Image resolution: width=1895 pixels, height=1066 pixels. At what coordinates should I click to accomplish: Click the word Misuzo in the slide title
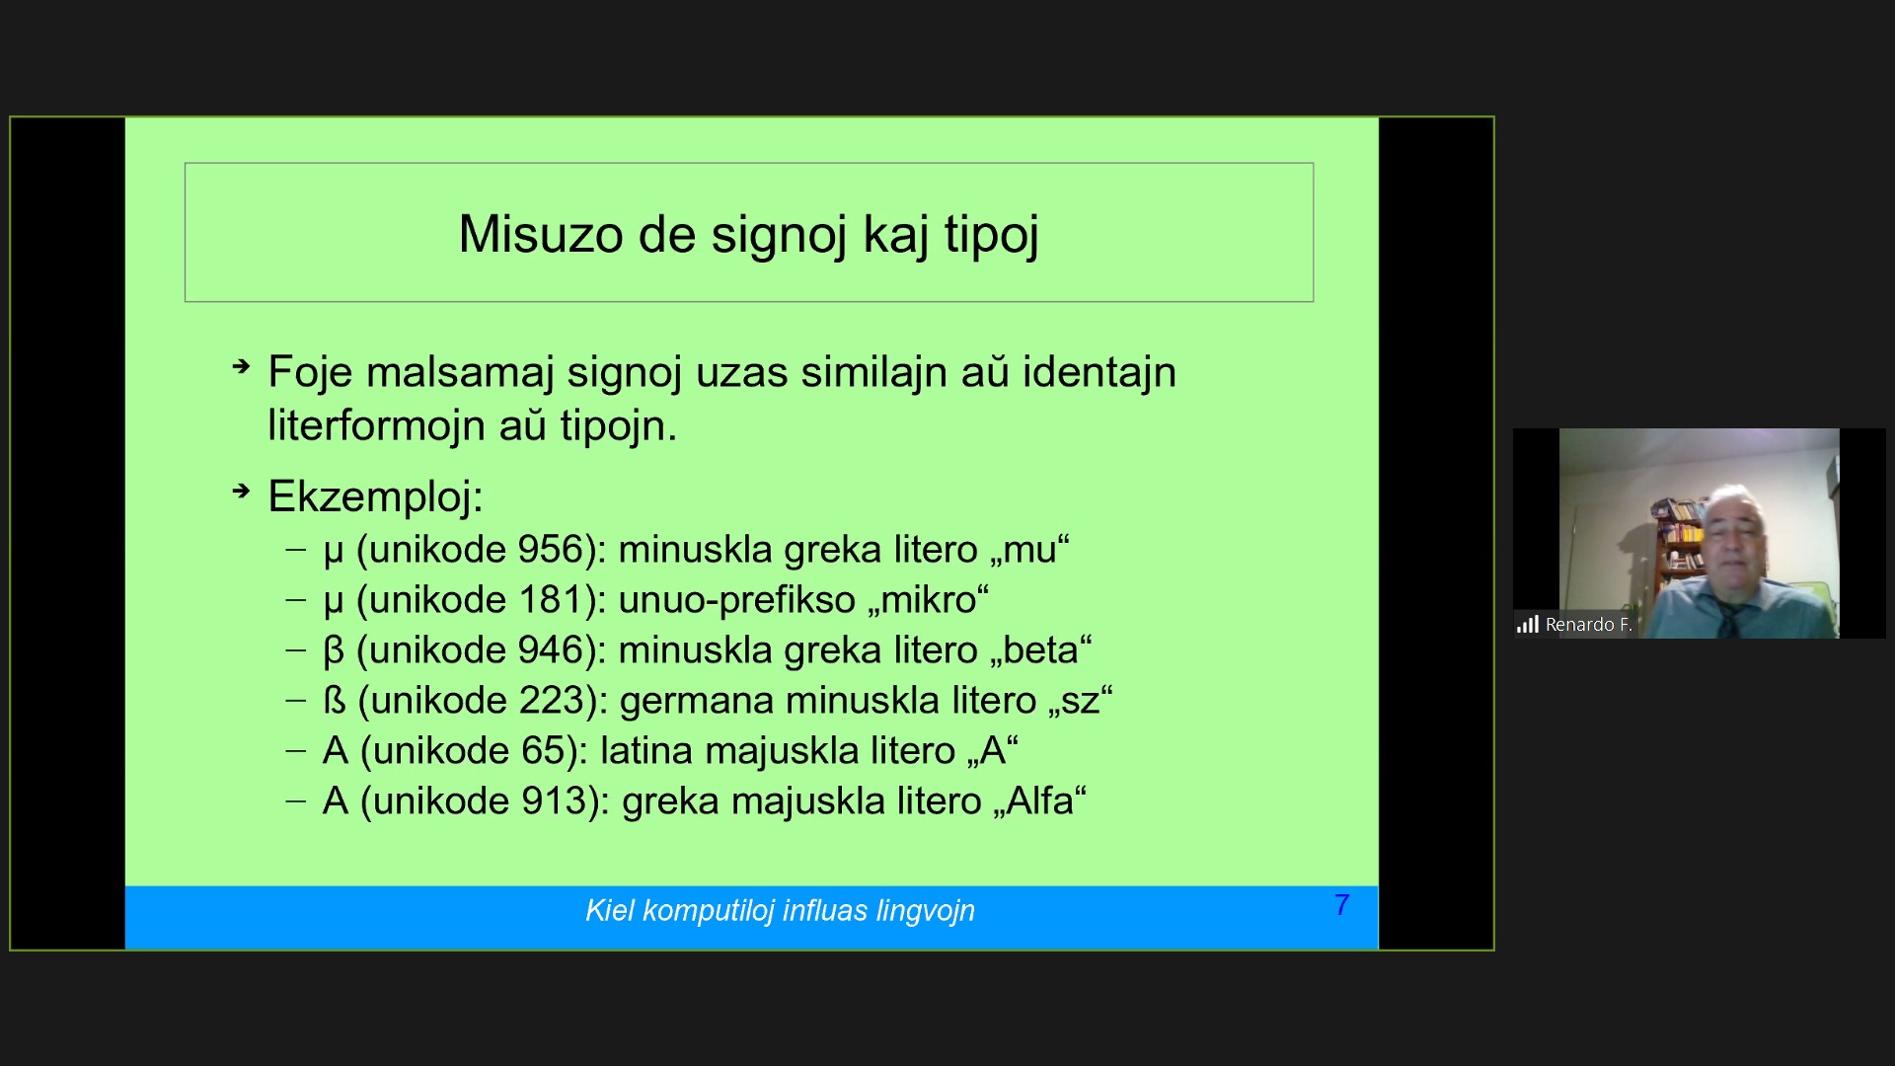(541, 234)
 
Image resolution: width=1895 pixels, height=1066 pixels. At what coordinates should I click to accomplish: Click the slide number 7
(1341, 904)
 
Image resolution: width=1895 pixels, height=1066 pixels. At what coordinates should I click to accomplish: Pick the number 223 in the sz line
(553, 700)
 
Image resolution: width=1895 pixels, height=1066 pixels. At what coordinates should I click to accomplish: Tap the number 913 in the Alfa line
(555, 800)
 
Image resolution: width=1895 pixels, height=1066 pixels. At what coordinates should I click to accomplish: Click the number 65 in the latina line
(543, 750)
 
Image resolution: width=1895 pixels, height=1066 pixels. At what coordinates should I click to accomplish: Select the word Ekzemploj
(375, 496)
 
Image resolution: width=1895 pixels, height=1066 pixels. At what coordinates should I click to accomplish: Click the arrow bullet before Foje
(242, 367)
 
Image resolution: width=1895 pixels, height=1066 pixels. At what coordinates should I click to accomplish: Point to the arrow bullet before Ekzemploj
(242, 490)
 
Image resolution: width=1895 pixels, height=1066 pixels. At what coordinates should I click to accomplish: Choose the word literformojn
(376, 426)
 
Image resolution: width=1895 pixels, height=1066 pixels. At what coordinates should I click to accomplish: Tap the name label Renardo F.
(1588, 624)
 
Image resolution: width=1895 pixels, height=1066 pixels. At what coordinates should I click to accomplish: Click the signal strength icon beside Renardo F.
(1528, 624)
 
